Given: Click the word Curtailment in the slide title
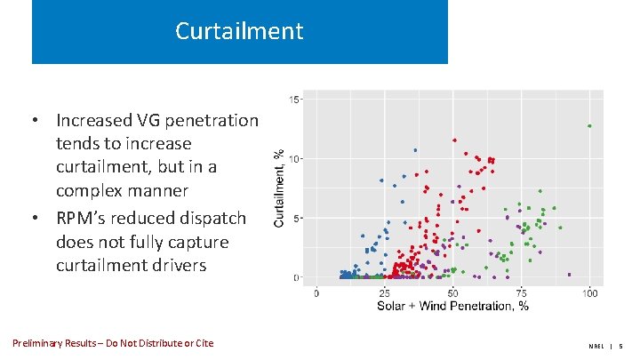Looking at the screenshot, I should point(239,31).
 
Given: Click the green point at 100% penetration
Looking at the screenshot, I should point(589,126).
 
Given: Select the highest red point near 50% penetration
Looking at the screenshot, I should point(454,140).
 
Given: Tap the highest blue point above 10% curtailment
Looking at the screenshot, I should point(415,150).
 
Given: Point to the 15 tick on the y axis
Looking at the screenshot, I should point(297,99).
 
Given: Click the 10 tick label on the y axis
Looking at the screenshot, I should point(297,158).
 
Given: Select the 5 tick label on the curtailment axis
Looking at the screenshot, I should point(299,218).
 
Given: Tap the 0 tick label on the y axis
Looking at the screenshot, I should point(299,277).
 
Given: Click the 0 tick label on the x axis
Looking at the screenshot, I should point(317,292).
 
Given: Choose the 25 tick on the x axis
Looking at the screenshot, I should point(384,292).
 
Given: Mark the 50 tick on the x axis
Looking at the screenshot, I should point(452,292).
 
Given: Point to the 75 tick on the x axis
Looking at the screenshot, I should point(521,292).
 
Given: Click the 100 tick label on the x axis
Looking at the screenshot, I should point(589,292).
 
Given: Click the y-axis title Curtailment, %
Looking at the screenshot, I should point(280,188).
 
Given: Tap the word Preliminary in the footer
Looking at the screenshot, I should point(41,343).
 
